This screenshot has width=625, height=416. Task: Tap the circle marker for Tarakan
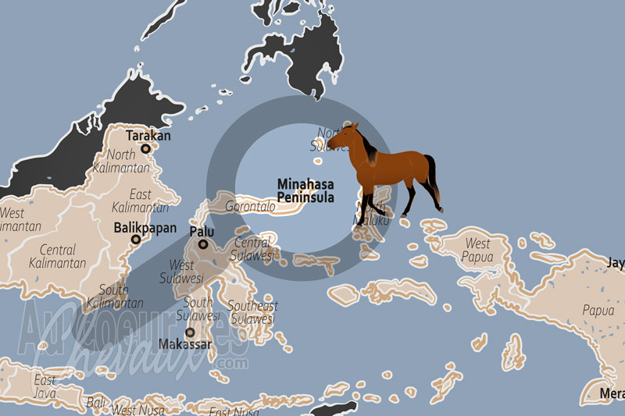point(145,147)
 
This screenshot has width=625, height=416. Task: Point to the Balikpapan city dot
point(136,241)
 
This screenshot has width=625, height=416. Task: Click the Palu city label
point(202,232)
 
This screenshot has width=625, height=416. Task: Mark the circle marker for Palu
point(203,244)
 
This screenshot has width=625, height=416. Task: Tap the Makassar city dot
point(189,332)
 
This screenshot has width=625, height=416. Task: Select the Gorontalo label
point(250,207)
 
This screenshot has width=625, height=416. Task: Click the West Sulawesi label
point(182,272)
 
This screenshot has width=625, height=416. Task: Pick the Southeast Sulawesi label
point(252,312)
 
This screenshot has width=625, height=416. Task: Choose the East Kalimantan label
point(141,201)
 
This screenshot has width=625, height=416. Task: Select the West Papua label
point(476,249)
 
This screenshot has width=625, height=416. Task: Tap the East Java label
point(44,386)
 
